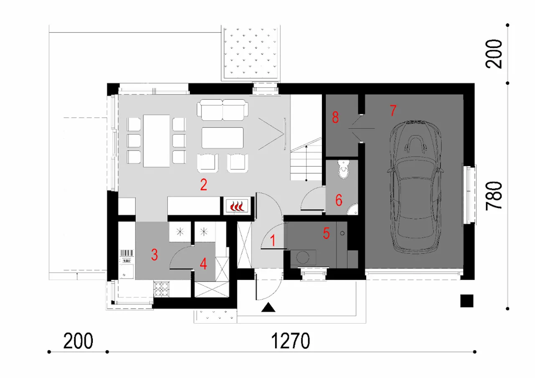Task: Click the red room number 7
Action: [393, 111]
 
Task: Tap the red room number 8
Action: [335, 117]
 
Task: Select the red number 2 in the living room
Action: [204, 185]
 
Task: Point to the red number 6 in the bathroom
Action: [339, 200]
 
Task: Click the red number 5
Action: [326, 233]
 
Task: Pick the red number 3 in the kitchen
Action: [155, 255]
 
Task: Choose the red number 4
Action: [203, 264]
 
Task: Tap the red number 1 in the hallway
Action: [273, 240]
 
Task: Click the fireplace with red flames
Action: [237, 205]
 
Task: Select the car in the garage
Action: [415, 187]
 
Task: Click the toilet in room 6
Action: [344, 169]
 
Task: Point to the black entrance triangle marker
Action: [268, 307]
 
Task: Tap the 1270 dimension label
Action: [290, 341]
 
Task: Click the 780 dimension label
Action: [494, 195]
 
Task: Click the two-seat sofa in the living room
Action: [223, 110]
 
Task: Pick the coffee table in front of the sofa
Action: [223, 138]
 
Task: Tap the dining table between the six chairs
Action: [156, 141]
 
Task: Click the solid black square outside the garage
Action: [467, 301]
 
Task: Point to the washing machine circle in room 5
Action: [303, 257]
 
